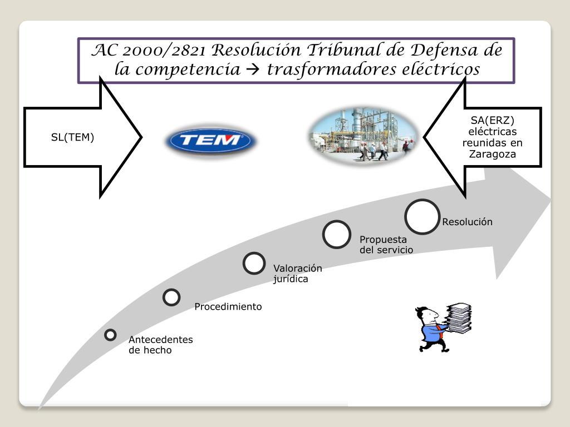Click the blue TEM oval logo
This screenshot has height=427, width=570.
coord(211,141)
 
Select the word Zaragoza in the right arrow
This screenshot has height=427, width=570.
coord(492,154)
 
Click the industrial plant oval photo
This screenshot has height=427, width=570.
coord(362,136)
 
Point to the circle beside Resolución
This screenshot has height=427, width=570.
coord(422,216)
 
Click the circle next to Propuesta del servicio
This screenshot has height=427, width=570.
coord(336,234)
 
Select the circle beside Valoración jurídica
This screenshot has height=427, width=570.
coord(254,263)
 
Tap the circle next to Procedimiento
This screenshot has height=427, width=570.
coord(171,297)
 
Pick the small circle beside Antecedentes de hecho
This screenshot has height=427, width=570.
coord(110,335)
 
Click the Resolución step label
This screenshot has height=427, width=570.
coord(468,222)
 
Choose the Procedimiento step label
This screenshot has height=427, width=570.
coord(228,306)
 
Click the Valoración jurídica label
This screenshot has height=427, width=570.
coord(297,274)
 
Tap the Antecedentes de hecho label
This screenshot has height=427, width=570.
coord(160,345)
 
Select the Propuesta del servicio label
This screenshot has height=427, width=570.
coord(386,245)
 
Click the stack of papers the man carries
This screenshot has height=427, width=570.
coord(459,317)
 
